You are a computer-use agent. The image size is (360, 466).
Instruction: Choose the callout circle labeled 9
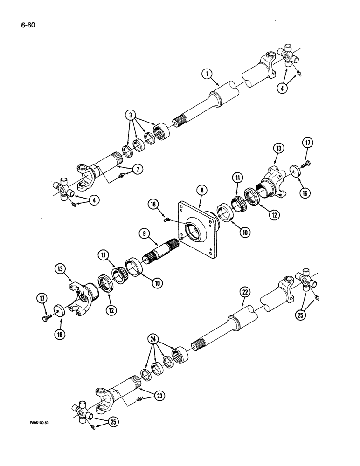(x=142, y=232)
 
